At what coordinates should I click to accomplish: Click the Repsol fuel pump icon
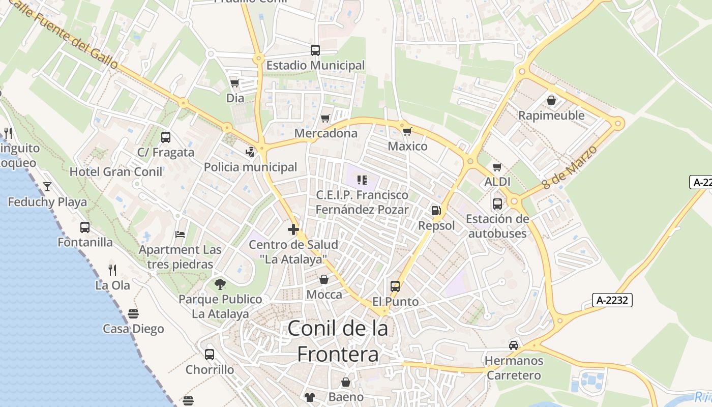(x=436, y=210)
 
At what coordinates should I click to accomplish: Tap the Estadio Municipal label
(x=315, y=66)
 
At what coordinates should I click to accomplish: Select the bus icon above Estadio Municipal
(x=315, y=50)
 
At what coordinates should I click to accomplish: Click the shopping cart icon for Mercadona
(x=325, y=119)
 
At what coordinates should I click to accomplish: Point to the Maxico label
(x=407, y=147)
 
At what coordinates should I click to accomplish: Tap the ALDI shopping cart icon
(x=497, y=167)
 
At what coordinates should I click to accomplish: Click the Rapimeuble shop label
(x=551, y=115)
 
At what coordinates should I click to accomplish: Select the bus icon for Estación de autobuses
(x=497, y=204)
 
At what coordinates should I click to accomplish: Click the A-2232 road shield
(x=612, y=300)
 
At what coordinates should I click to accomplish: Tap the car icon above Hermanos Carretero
(x=514, y=345)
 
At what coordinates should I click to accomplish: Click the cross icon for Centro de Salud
(x=293, y=229)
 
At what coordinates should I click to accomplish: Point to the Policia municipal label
(x=250, y=167)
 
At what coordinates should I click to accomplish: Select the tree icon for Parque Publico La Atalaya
(x=220, y=284)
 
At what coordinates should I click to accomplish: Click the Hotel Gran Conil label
(x=116, y=171)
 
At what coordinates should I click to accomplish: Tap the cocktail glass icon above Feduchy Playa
(x=47, y=187)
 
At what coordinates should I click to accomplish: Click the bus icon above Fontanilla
(x=85, y=227)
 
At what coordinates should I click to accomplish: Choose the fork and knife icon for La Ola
(x=112, y=270)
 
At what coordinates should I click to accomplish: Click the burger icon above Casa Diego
(x=133, y=314)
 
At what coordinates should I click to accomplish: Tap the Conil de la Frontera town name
(x=338, y=341)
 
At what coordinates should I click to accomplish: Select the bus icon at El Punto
(x=395, y=286)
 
